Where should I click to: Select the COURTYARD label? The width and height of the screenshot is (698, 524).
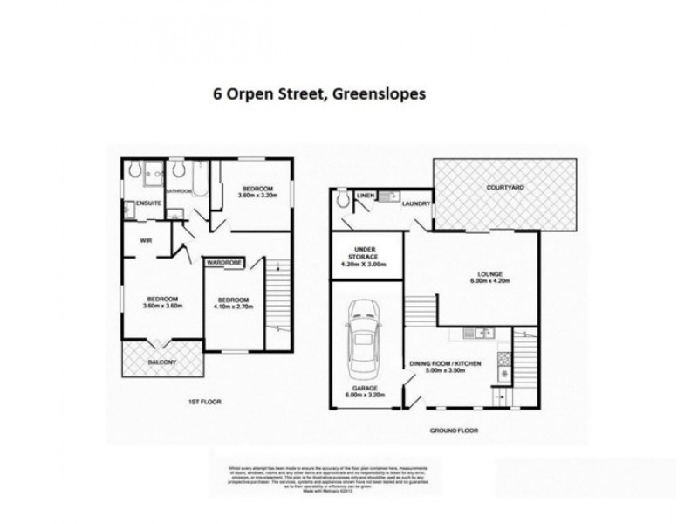pyautogui.click(x=505, y=188)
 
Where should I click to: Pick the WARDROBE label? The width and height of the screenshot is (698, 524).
pyautogui.click(x=225, y=262)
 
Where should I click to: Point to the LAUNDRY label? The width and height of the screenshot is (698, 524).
pyautogui.click(x=416, y=203)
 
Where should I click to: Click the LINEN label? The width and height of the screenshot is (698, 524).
pyautogui.click(x=365, y=196)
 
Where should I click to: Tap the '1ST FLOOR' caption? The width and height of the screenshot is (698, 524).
pyautogui.click(x=204, y=401)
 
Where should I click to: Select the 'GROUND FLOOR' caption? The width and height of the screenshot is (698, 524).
pyautogui.click(x=454, y=431)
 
